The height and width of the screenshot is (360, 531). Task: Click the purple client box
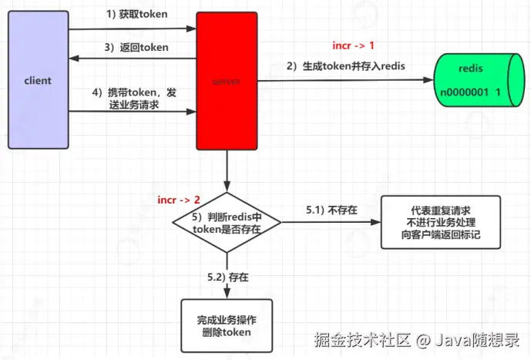[38, 80]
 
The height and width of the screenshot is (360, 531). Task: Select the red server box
[226, 80]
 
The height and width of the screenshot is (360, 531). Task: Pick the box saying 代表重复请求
[440, 222]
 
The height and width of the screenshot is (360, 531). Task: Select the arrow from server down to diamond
[227, 171]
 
